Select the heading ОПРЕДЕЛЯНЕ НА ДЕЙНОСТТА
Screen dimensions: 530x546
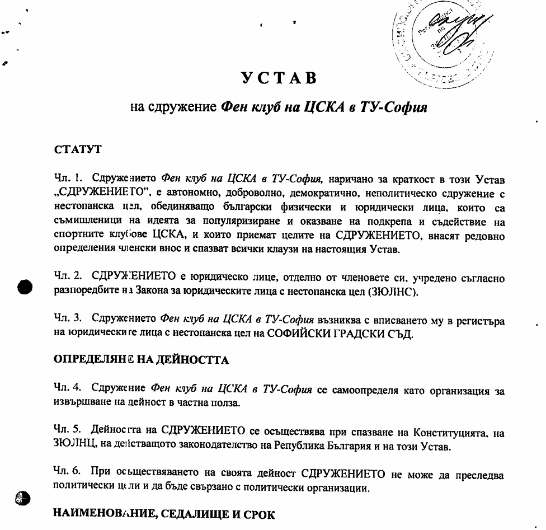pos(141,360)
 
